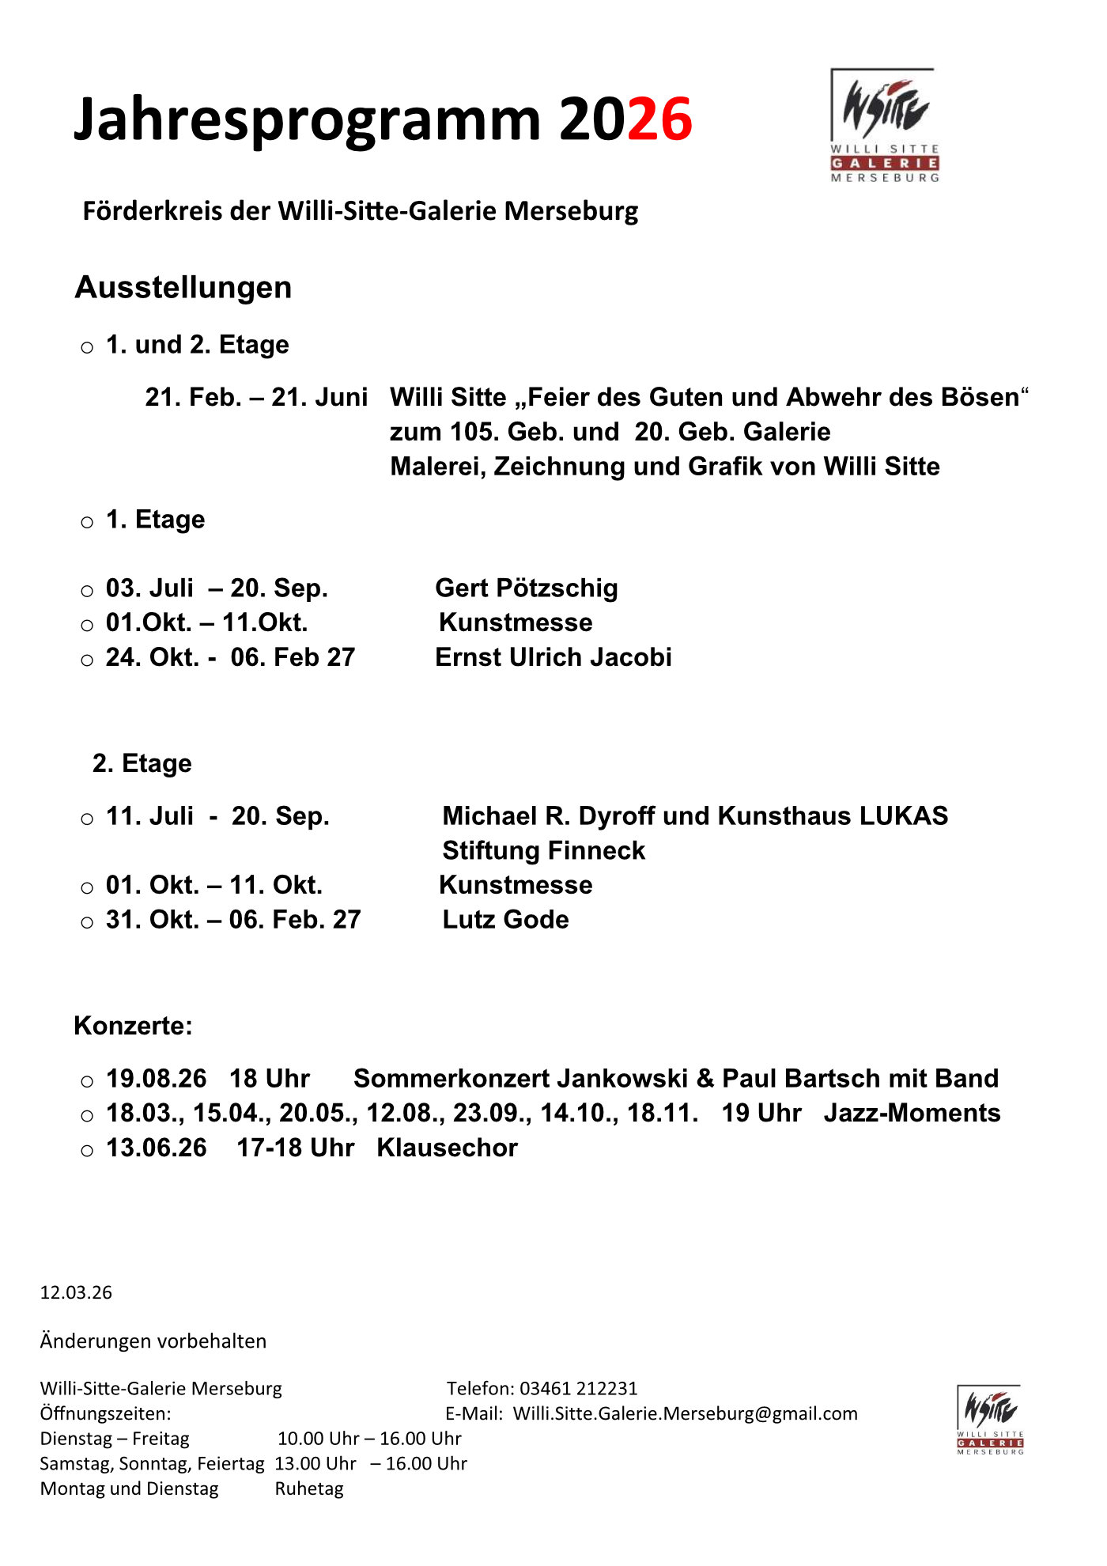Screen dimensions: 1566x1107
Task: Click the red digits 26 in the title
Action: (x=659, y=119)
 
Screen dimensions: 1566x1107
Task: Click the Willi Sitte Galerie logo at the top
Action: (x=884, y=125)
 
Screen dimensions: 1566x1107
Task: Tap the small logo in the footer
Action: (x=990, y=1419)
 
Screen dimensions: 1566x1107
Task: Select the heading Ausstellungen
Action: (x=183, y=287)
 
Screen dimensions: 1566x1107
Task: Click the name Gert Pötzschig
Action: (x=527, y=588)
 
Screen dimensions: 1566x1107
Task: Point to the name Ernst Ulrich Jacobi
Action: (x=553, y=657)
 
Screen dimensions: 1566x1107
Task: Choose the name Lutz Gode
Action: (x=505, y=919)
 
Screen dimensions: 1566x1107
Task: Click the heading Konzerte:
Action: (x=133, y=1026)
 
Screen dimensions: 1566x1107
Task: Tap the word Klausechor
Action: (x=447, y=1148)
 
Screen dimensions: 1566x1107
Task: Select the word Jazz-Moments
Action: (x=912, y=1113)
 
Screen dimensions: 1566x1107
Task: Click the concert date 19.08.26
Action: (x=156, y=1078)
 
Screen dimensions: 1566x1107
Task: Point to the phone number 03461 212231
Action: (x=578, y=1388)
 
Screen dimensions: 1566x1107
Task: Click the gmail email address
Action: (x=685, y=1413)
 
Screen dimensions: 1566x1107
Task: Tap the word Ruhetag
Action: (x=309, y=1488)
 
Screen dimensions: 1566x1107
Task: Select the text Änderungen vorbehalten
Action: (x=153, y=1341)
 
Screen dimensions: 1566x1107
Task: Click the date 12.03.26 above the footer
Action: (x=76, y=1292)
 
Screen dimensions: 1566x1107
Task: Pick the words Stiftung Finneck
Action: (x=543, y=850)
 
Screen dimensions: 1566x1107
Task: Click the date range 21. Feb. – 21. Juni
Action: (x=256, y=397)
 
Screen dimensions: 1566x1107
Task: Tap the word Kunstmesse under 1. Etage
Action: (x=516, y=622)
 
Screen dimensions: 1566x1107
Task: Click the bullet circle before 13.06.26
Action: (x=87, y=1150)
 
